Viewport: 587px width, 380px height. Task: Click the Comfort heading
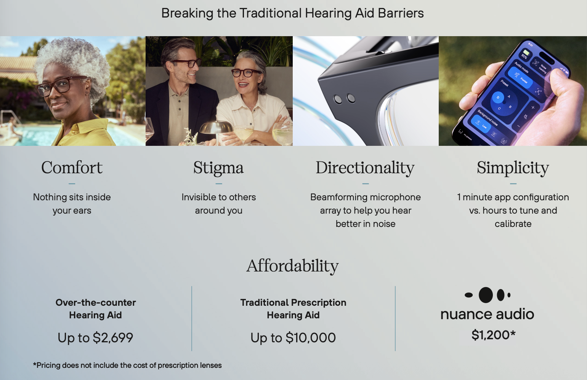point(72,168)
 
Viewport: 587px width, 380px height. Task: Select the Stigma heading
point(218,168)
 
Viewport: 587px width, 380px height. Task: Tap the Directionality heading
point(365,168)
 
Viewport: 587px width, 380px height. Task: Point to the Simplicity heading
point(513,168)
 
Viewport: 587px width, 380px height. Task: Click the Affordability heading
point(292,267)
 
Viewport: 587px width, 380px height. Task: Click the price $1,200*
point(494,335)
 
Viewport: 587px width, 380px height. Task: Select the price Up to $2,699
point(95,338)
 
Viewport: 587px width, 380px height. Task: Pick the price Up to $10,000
point(293,338)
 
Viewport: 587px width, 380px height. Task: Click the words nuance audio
point(487,314)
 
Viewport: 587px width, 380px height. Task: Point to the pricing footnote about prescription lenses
point(127,366)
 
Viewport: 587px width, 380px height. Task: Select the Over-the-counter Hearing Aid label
point(96,309)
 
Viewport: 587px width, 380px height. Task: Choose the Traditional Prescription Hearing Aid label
point(293,309)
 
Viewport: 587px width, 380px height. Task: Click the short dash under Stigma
point(219,184)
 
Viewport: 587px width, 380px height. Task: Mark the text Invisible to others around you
point(219,204)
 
